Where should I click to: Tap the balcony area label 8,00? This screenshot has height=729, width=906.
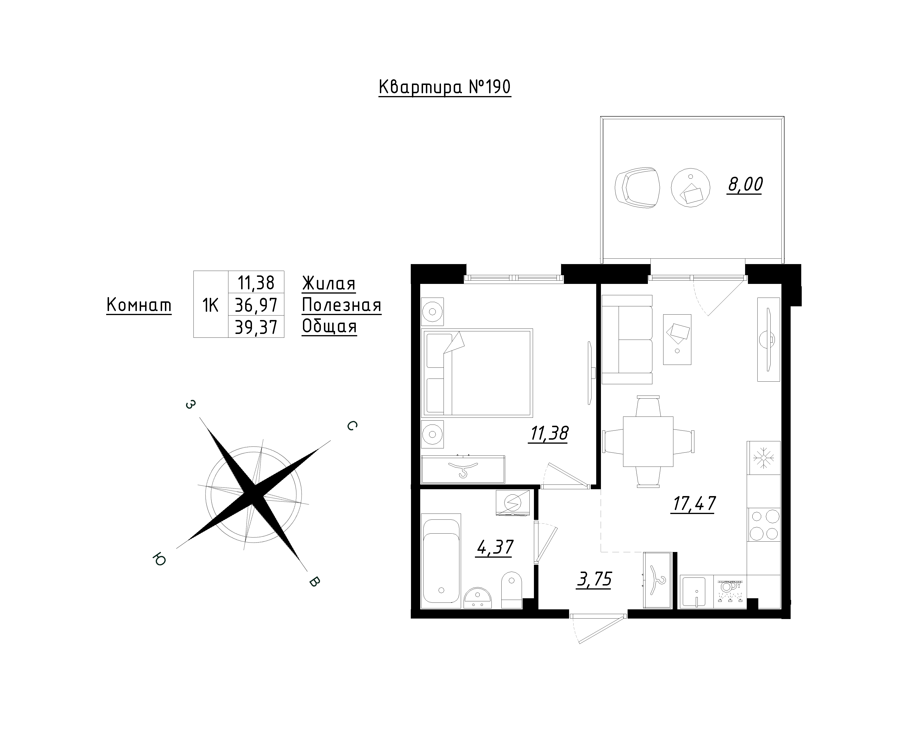pos(745,184)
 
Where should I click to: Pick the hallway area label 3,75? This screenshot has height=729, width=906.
pos(594,579)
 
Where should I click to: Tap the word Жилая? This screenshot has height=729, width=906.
pos(329,284)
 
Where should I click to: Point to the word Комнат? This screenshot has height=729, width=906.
pos(139,305)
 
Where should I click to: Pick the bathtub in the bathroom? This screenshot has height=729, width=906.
pos(441,560)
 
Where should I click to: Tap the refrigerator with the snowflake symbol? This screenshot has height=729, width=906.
pos(763,458)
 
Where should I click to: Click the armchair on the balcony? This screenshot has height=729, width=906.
pos(637,188)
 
